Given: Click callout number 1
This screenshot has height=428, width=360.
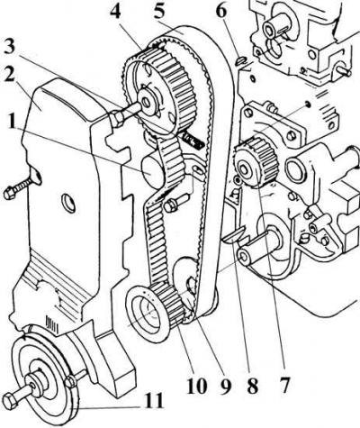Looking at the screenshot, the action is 12,121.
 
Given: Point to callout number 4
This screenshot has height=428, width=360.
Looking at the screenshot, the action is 116,13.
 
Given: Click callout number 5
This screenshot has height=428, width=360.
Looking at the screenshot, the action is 159,12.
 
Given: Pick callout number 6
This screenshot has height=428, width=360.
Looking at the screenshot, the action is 221,12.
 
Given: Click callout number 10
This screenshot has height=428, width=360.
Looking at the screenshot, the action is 197,385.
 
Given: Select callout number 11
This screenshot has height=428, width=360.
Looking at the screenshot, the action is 153,399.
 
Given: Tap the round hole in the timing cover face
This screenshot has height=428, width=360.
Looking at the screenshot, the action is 68,203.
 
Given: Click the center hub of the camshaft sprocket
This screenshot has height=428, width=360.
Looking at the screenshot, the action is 148,103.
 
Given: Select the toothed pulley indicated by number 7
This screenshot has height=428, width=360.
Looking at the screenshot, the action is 256,162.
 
